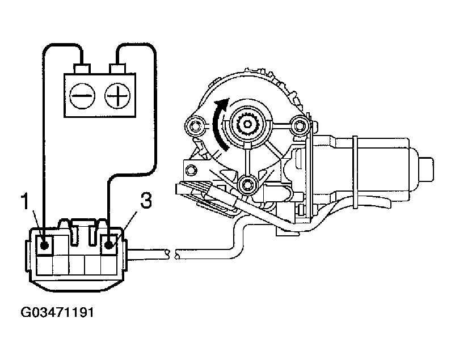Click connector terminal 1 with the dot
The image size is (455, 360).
tap(44, 245)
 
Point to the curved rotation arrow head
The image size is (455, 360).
tap(224, 105)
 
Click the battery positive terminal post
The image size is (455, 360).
tap(118, 69)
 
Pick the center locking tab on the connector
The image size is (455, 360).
tap(77, 230)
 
